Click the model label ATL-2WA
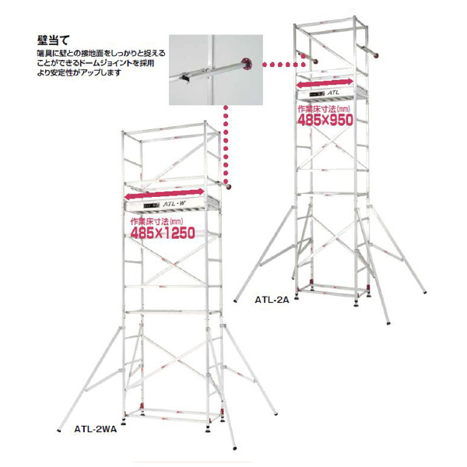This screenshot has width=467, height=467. (94, 428)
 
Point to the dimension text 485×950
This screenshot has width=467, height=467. (326, 120)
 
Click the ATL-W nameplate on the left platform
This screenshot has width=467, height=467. (174, 205)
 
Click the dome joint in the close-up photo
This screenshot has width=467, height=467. (248, 64)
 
